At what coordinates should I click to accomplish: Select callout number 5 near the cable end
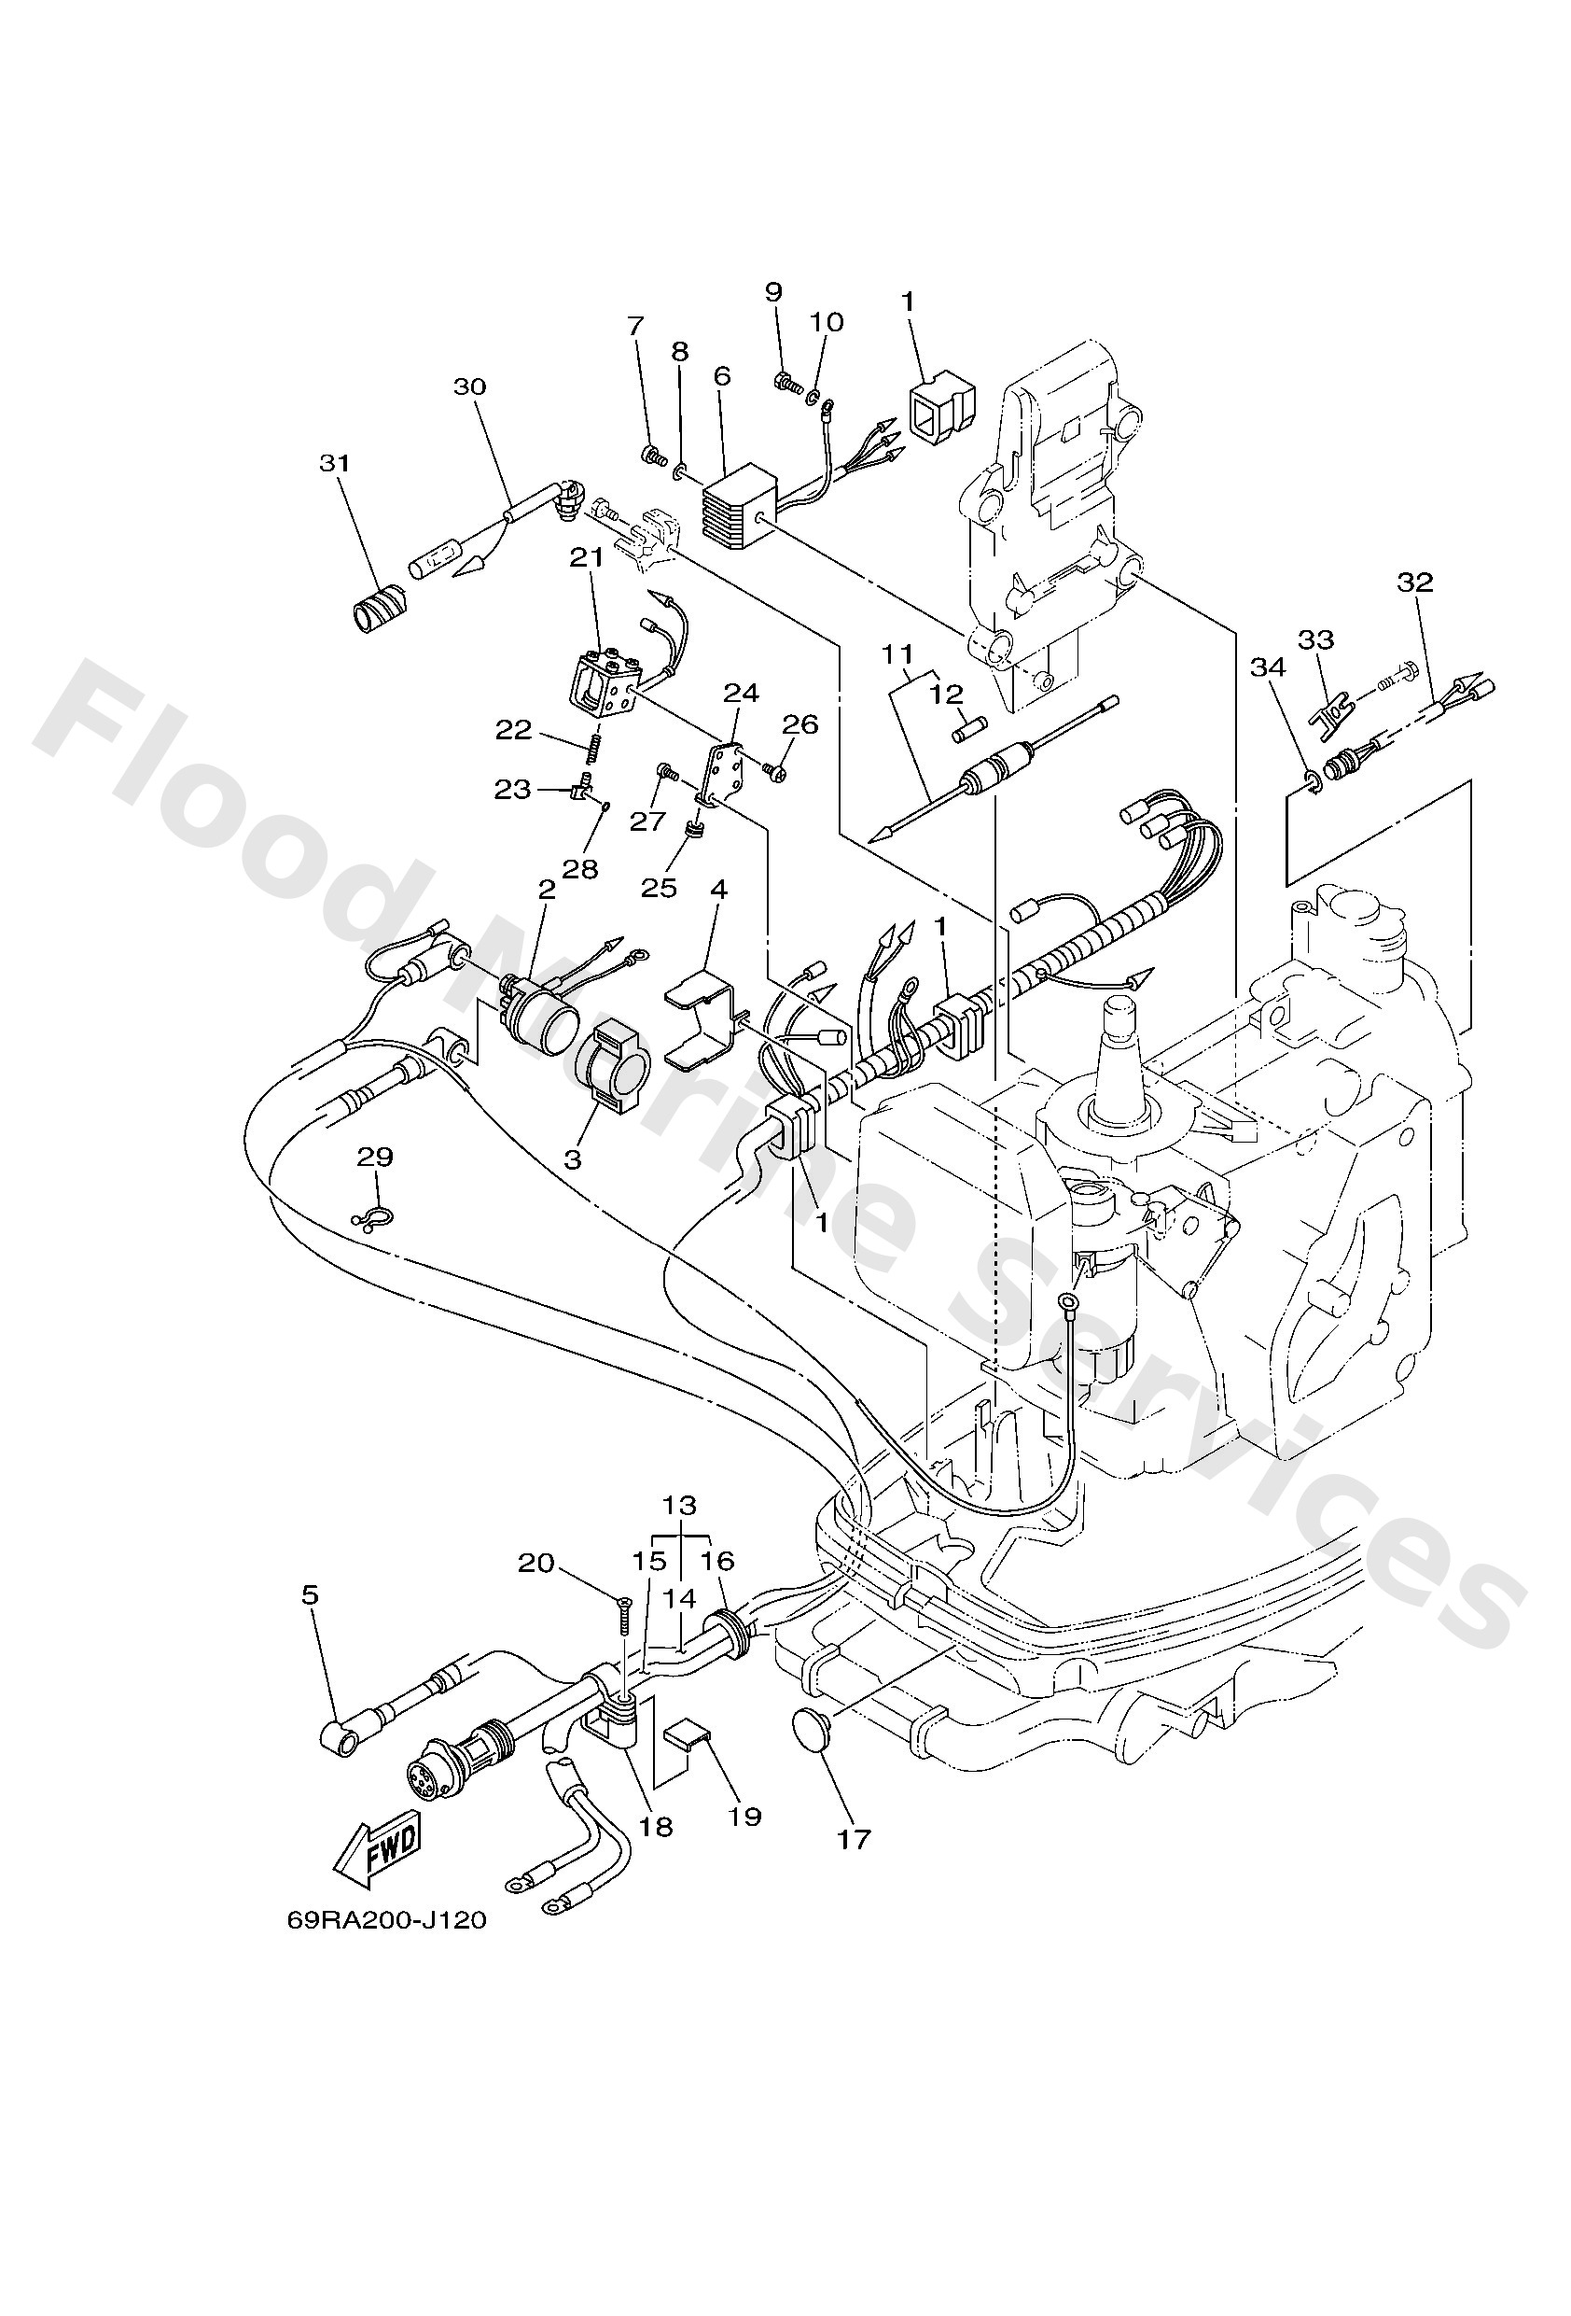click(x=310, y=1595)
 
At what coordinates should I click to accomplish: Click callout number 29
click(x=376, y=1157)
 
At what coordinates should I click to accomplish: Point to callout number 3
click(x=573, y=1160)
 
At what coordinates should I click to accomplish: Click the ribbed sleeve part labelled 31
click(x=382, y=607)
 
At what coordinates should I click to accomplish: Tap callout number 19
click(x=744, y=1816)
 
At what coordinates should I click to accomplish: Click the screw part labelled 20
click(x=623, y=1614)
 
